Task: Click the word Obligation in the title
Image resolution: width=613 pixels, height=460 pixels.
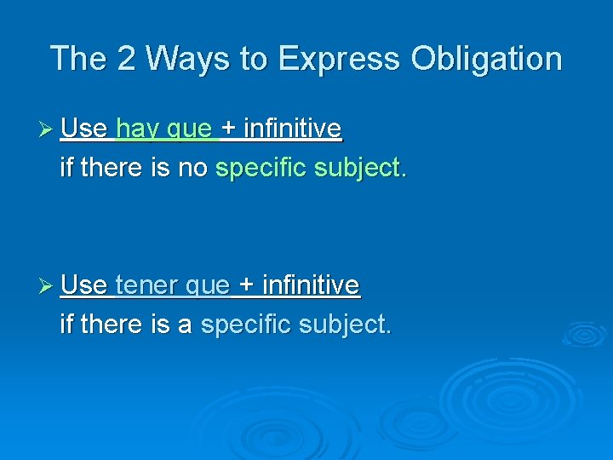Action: pos(486,59)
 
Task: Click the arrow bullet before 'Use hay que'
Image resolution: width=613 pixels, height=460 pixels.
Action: pos(47,129)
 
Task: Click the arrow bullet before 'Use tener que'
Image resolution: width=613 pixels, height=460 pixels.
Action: pos(47,285)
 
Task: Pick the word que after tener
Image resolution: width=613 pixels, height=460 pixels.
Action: pos(208,286)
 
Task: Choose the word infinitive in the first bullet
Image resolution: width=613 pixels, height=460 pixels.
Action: pos(292,129)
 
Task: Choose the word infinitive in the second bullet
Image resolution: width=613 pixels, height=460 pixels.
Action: pos(311,285)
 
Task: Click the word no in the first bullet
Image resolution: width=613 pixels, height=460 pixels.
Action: pos(192,168)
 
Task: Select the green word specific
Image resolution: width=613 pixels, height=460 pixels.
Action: pos(261,168)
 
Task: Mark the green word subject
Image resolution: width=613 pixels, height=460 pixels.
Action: pos(360,168)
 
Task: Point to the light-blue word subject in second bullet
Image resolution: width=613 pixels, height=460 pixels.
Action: pos(345,324)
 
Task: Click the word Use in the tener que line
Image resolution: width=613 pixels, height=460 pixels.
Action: pos(83,285)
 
